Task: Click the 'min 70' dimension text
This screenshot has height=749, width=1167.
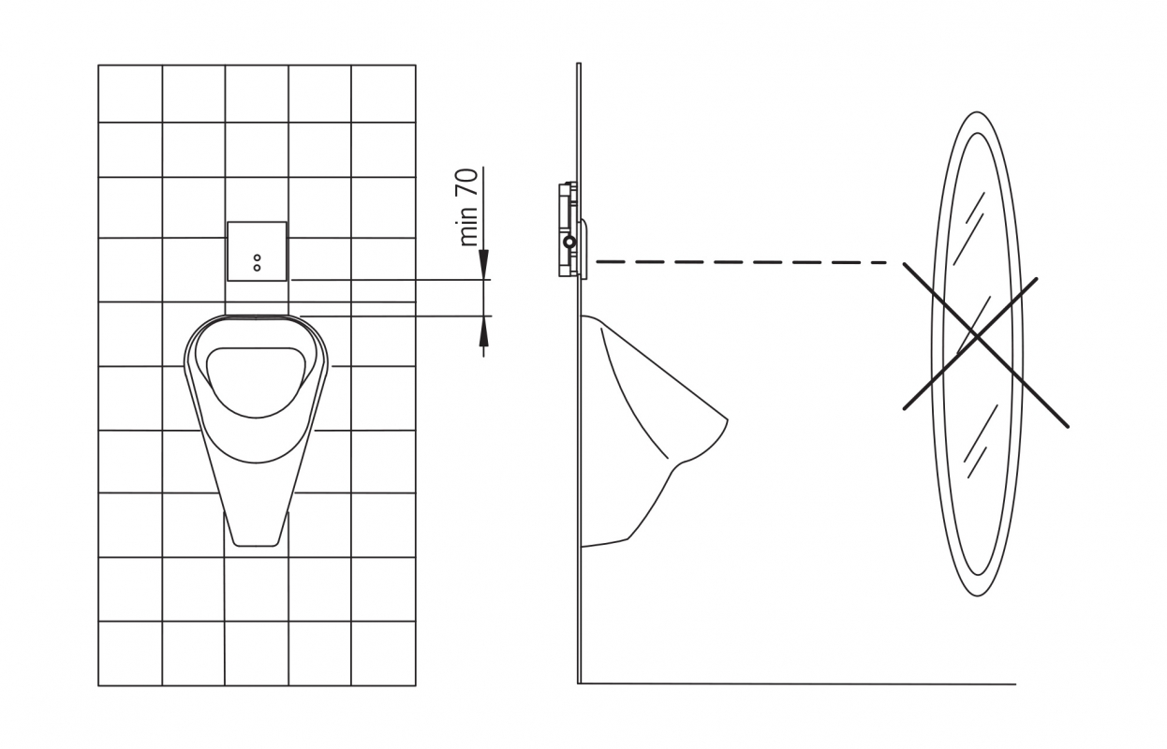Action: tap(468, 207)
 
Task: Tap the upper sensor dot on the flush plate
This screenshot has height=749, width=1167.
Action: tap(257, 257)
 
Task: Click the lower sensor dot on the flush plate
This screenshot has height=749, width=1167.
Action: tap(257, 268)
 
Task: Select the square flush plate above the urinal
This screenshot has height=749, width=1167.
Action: tap(257, 252)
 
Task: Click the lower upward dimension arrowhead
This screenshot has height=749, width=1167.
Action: tap(483, 331)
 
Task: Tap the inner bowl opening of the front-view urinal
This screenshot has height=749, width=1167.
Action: tap(256, 382)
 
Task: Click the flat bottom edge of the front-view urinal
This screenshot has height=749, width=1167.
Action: tap(256, 546)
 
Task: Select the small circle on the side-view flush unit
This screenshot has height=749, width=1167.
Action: tap(570, 242)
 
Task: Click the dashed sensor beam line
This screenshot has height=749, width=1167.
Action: tap(741, 262)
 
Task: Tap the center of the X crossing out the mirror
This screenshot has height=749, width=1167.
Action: tap(978, 338)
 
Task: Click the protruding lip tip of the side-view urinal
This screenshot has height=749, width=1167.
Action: tap(726, 419)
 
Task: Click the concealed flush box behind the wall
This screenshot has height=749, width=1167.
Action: tap(568, 229)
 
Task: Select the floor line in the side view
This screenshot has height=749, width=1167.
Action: tap(797, 683)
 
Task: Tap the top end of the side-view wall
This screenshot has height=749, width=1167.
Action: tap(578, 64)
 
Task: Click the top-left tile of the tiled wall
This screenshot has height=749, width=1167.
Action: tap(130, 94)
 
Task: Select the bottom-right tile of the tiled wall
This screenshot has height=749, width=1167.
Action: tap(383, 654)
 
